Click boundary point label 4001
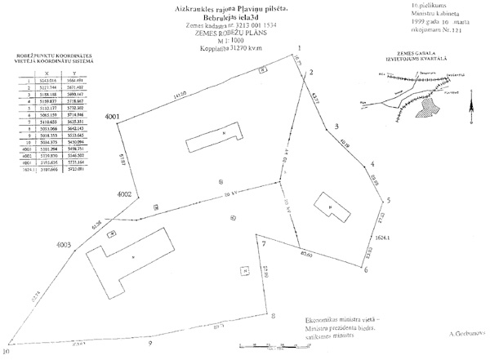click(x=112, y=118)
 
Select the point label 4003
click(x=64, y=245)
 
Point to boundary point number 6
click(x=365, y=271)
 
